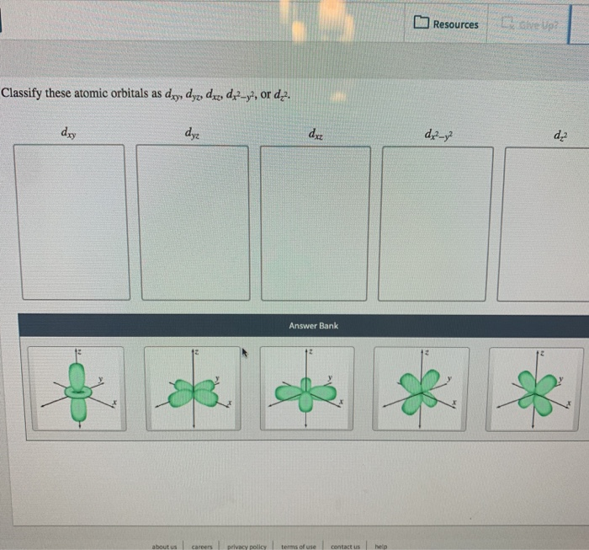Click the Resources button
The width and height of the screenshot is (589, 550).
(447, 24)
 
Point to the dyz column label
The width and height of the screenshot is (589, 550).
(192, 132)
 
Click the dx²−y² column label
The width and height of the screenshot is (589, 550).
(438, 133)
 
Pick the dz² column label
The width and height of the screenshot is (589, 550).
(560, 134)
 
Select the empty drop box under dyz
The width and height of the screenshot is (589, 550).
(193, 223)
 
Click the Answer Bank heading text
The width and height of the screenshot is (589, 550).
(313, 325)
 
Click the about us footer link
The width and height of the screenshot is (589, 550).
(165, 546)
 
